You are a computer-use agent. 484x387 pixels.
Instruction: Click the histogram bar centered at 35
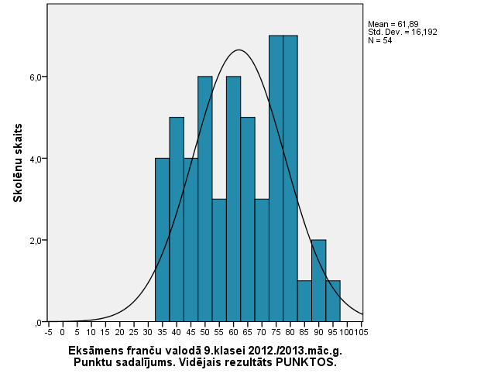162,240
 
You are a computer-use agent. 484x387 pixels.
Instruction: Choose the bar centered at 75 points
276,178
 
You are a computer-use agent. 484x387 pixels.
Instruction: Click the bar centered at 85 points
304,301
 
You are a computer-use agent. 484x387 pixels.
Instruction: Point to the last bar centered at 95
333,301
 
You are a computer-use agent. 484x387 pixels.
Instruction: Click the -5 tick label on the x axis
48,333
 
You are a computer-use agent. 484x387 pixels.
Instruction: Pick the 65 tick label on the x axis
247,333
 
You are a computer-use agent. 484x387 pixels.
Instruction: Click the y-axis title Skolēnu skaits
17,162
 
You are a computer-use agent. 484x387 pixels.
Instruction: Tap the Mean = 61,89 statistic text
392,25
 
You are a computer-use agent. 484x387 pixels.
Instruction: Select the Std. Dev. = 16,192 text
397,33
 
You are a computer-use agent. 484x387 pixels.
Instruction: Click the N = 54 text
381,40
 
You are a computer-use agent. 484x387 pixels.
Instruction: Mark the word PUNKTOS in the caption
309,362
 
